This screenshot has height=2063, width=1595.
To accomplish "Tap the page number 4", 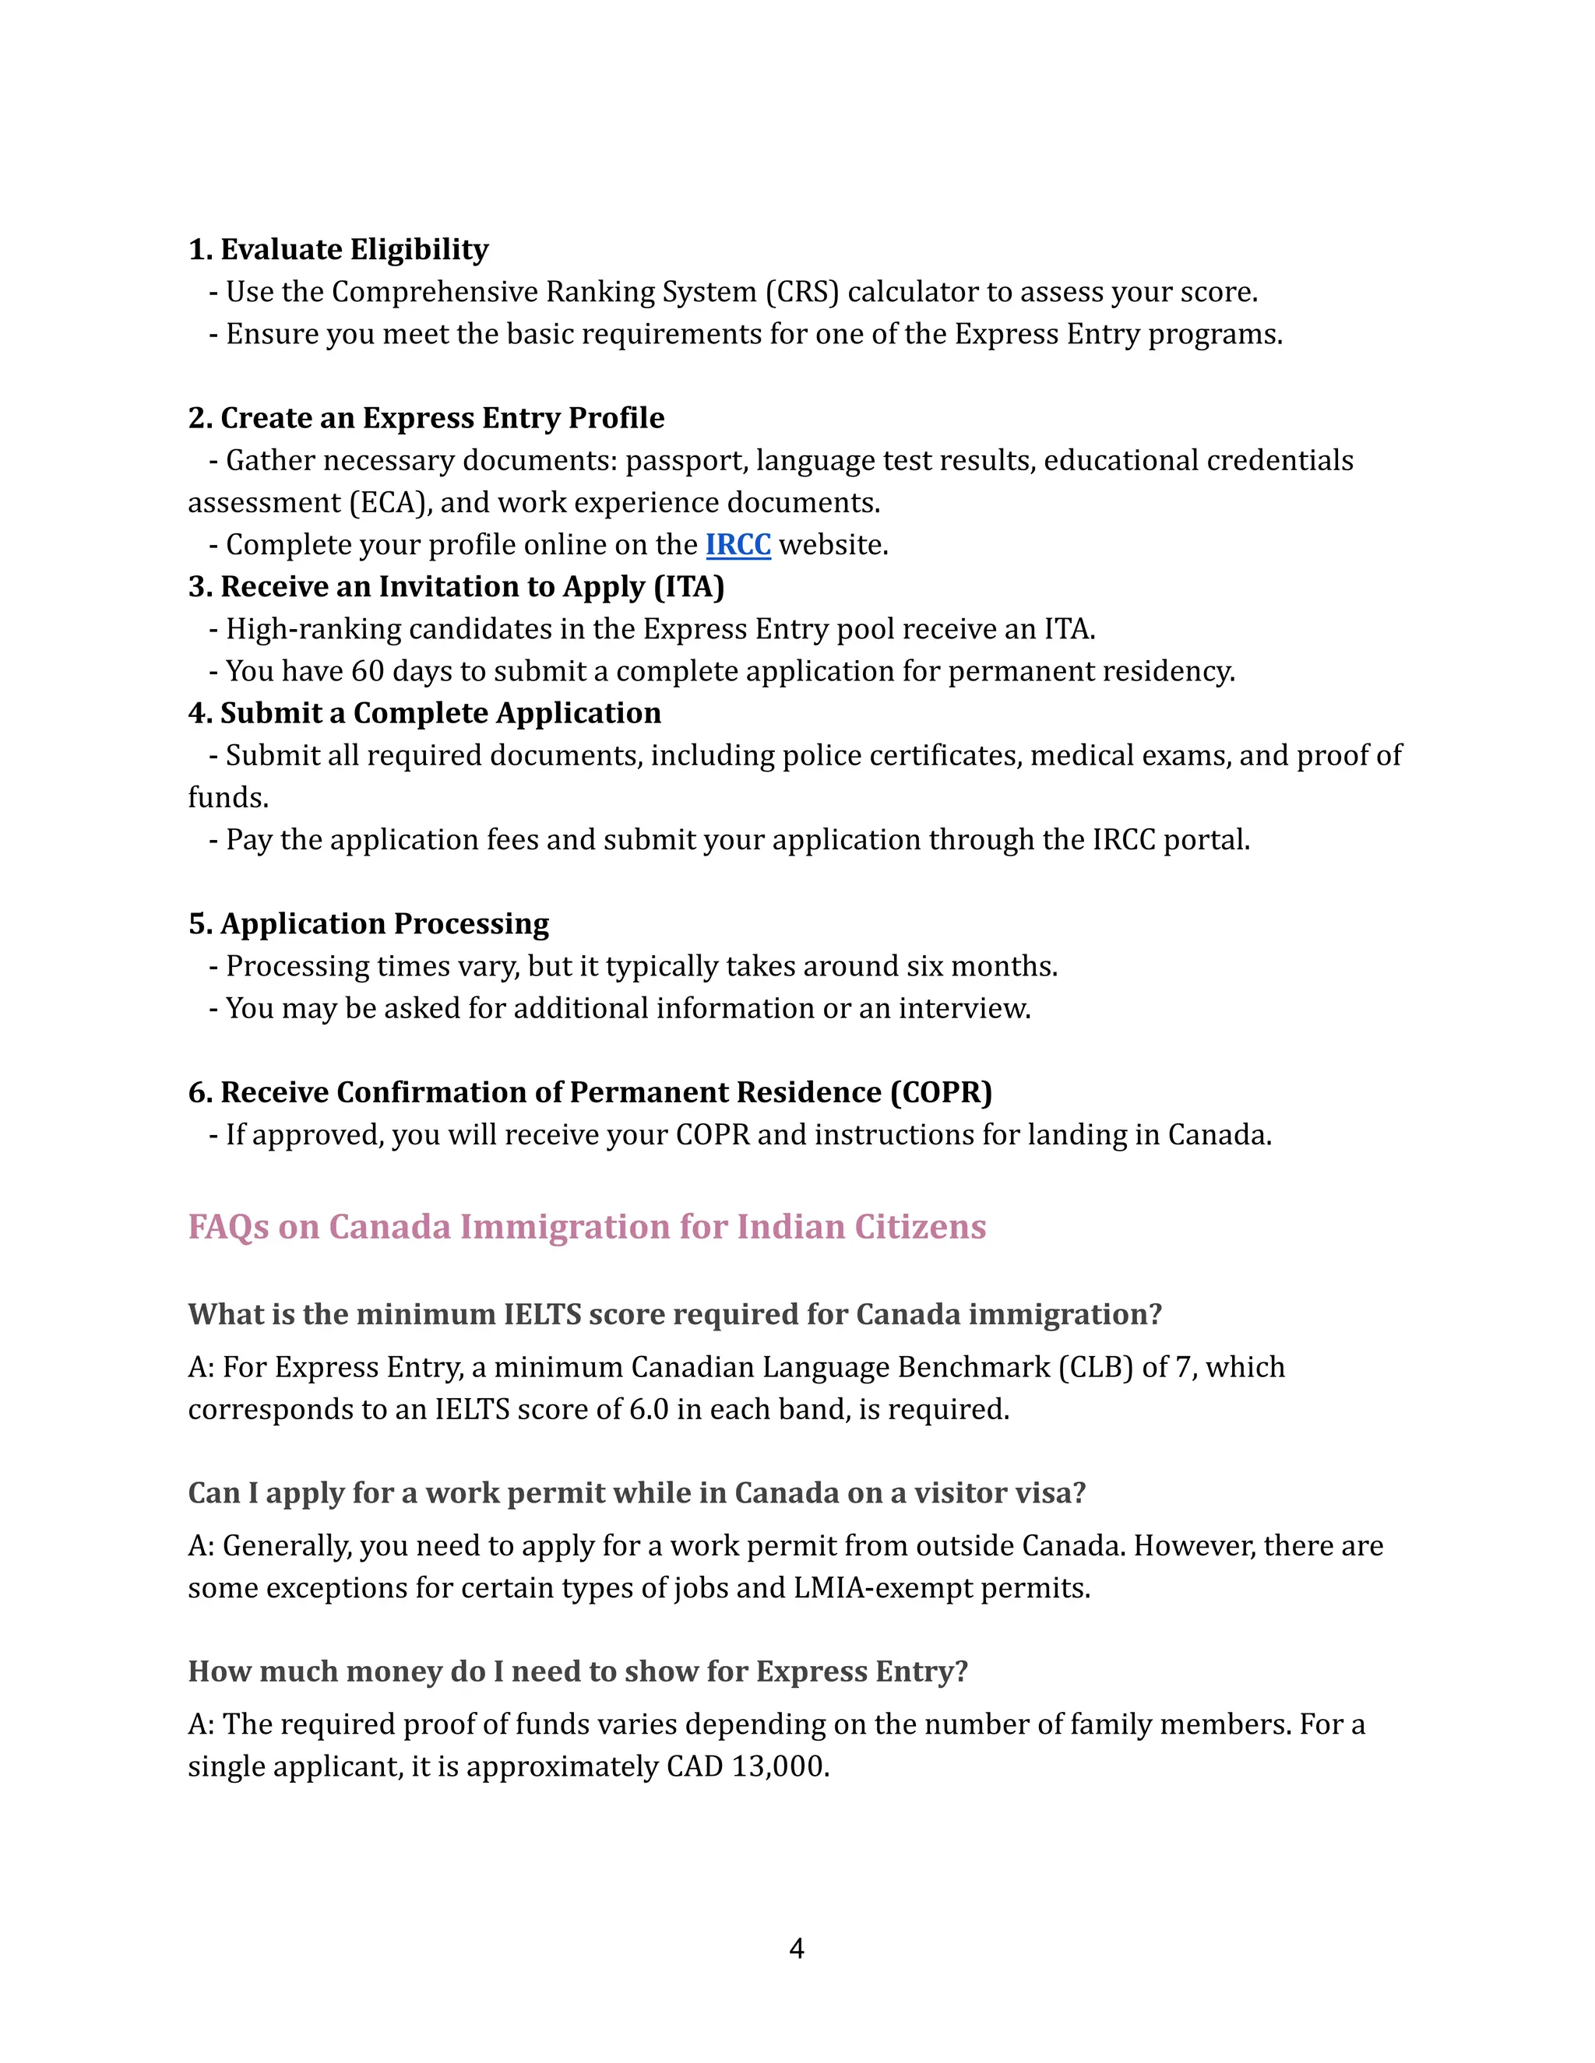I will click(x=797, y=1948).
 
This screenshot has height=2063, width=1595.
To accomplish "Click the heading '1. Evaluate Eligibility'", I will click(x=338, y=249).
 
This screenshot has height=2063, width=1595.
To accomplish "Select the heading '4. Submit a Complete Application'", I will click(x=424, y=713).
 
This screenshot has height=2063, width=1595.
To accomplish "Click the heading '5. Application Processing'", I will click(x=368, y=924).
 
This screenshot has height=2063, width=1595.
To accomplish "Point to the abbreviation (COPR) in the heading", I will click(x=940, y=1093).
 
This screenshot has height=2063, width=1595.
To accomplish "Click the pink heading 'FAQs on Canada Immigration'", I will click(x=586, y=1227).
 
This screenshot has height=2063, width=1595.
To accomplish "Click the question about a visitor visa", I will click(x=637, y=1492).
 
